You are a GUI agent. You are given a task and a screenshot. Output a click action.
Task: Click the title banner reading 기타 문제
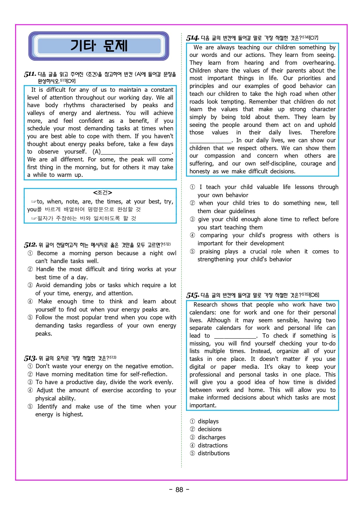[x=99, y=46]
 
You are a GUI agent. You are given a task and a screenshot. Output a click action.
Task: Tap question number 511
[x=30, y=74]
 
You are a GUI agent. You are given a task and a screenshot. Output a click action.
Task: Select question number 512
[x=30, y=245]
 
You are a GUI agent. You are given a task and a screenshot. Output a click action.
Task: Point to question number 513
[x=30, y=358]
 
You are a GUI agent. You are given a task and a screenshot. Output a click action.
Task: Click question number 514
[x=192, y=38]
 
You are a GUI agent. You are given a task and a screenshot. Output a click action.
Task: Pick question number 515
[x=192, y=295]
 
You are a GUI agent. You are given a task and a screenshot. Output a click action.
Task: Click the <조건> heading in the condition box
[x=102, y=193]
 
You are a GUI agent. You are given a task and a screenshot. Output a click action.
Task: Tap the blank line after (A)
[x=136, y=152]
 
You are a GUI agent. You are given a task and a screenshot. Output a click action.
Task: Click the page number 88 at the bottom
[x=179, y=490]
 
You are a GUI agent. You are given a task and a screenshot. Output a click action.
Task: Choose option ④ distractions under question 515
[x=213, y=445]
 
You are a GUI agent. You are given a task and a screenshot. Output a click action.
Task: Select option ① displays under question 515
[x=208, y=421]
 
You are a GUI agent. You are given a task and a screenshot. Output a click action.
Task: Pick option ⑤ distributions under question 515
[x=213, y=453]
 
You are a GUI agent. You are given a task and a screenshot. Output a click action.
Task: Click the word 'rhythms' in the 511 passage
[x=74, y=105]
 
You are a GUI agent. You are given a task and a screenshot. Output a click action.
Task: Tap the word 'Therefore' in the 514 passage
[x=323, y=132]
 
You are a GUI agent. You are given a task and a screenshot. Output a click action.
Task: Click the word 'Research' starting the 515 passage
[x=205, y=305]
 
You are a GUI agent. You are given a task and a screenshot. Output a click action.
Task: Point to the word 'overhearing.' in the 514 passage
[x=319, y=63]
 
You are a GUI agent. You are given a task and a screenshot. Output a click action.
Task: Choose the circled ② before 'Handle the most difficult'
[x=30, y=269]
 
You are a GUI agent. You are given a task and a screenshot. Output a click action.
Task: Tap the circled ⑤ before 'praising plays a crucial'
[x=192, y=251]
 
